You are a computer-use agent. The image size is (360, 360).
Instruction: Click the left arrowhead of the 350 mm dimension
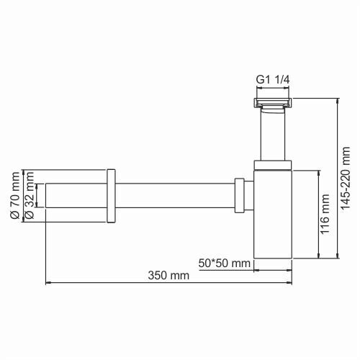coord(48,283)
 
